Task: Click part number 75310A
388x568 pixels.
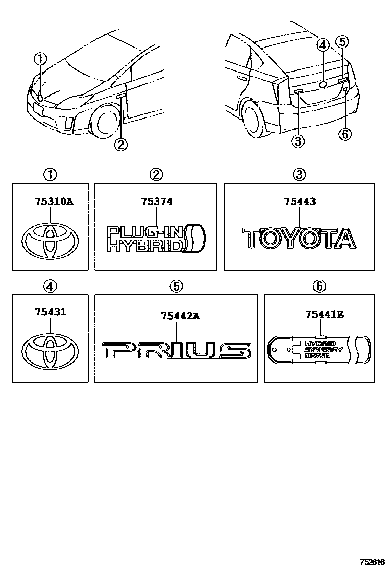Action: click(x=53, y=202)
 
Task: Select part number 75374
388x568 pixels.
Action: click(x=156, y=202)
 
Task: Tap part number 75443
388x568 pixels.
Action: click(x=300, y=202)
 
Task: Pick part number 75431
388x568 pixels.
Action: click(x=50, y=312)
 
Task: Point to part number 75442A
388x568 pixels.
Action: click(x=180, y=316)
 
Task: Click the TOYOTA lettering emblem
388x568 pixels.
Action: click(x=299, y=239)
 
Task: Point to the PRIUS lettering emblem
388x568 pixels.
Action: click(x=176, y=351)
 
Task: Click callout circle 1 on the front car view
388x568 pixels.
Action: click(x=40, y=59)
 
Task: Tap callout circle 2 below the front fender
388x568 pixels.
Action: click(x=120, y=145)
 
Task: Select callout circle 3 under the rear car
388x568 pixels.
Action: click(x=298, y=140)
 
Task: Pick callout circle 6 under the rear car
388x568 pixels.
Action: click(x=346, y=134)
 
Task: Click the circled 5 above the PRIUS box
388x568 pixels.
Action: click(x=176, y=287)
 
